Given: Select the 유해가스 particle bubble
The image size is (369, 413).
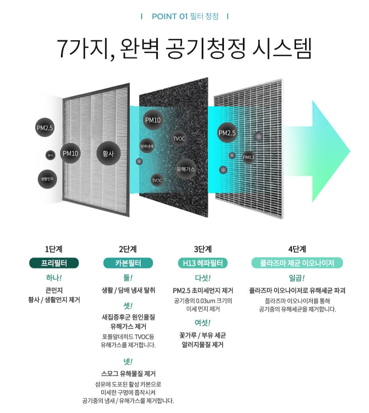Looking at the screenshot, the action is pyautogui.click(x=186, y=169).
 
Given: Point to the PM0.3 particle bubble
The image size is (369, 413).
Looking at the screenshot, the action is pyautogui.click(x=249, y=157).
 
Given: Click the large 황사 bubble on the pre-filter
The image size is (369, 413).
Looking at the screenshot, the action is pyautogui.click(x=108, y=153).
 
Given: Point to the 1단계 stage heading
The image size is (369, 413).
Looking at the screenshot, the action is pyautogui.click(x=53, y=249).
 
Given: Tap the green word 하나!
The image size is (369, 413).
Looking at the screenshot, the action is pyautogui.click(x=54, y=278).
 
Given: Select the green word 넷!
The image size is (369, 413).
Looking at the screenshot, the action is pyautogui.click(x=128, y=361).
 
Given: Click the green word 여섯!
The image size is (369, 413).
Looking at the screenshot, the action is pyautogui.click(x=203, y=322).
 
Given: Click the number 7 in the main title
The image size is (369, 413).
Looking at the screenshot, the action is pyautogui.click(x=64, y=50).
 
